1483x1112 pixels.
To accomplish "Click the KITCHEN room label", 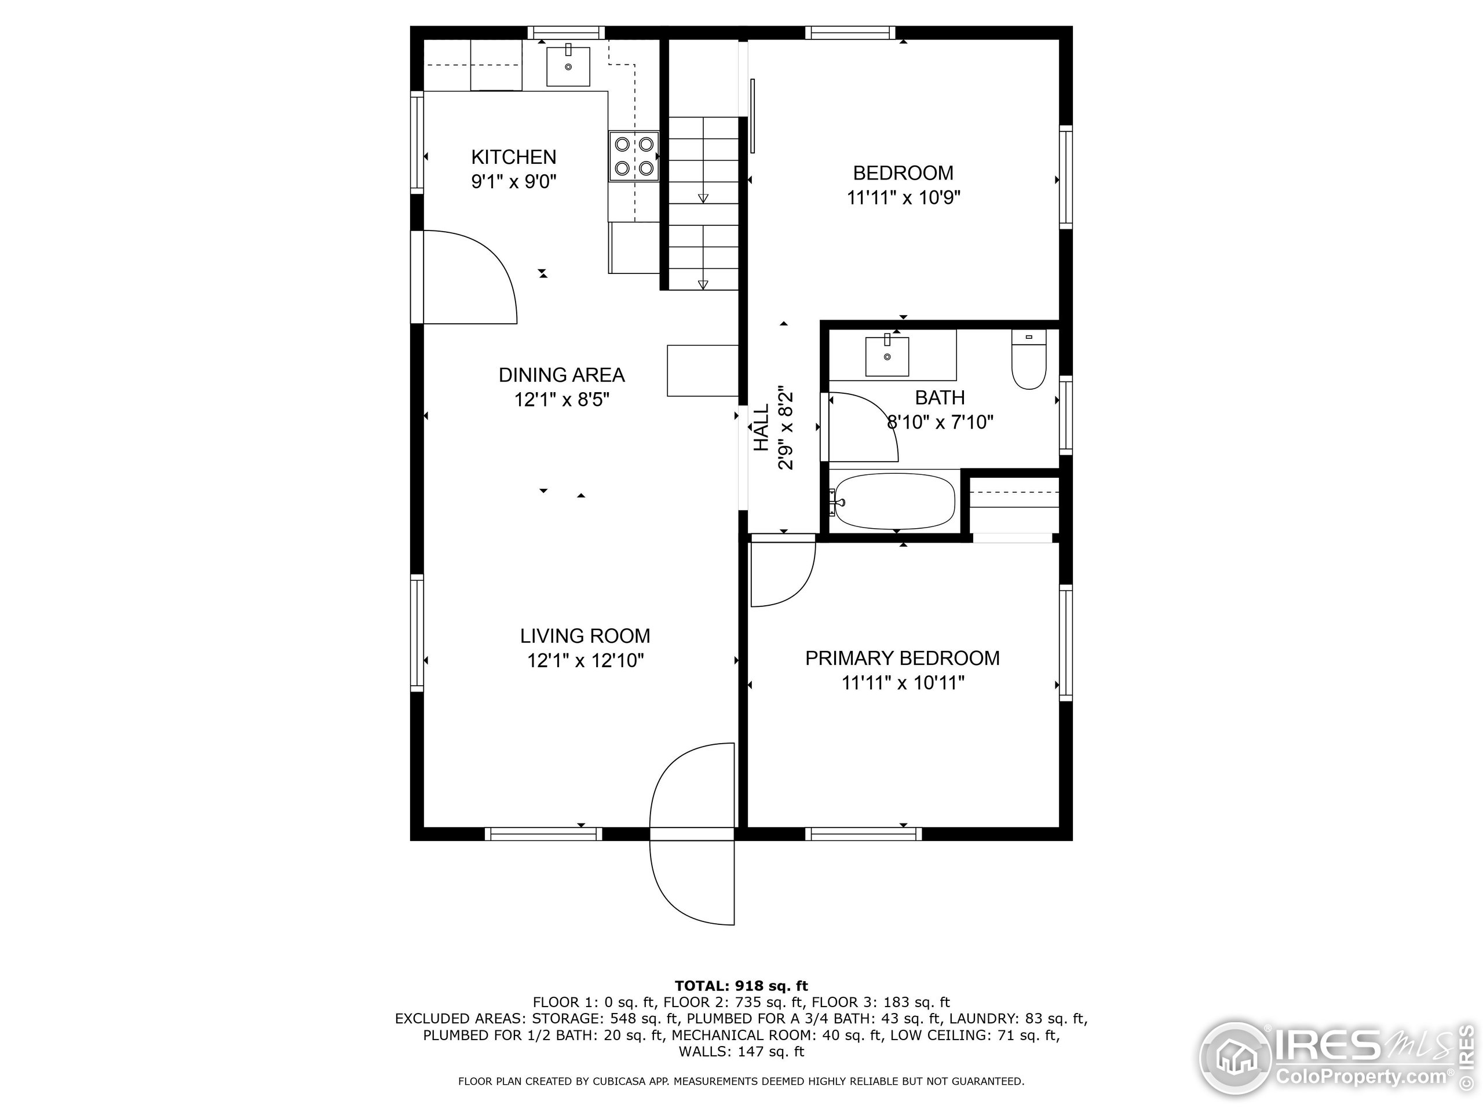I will [514, 157].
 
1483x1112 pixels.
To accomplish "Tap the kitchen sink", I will [568, 67].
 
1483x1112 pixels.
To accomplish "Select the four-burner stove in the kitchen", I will [634, 156].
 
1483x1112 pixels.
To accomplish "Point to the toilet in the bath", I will [1028, 362].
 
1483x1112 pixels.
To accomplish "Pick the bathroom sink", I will [886, 356].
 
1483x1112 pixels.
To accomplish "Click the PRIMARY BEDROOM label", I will [902, 658].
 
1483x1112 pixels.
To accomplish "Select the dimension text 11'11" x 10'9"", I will [903, 197].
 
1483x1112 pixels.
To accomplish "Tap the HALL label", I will [762, 427].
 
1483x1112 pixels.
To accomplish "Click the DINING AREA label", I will [561, 375].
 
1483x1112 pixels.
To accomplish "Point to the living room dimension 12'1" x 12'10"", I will [585, 661].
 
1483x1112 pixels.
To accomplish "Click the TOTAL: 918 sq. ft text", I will [741, 986].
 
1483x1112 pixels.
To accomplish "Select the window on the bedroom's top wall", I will [849, 33].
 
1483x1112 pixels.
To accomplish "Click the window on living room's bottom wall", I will [543, 834].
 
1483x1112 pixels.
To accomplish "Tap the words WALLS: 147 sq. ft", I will [741, 1052].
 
